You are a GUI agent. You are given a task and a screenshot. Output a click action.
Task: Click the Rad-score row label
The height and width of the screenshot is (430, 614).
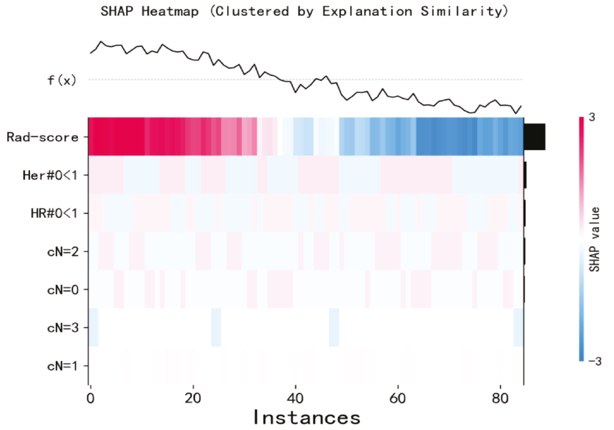coord(42,137)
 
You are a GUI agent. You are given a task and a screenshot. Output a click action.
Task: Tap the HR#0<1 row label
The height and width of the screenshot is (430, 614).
coord(54,213)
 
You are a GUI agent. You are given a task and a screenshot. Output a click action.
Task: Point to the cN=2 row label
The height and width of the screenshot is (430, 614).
coord(63,252)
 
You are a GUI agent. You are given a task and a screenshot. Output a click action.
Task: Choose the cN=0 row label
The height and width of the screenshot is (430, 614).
coord(63,289)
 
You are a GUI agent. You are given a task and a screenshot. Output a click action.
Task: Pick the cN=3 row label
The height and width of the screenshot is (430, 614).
coord(63,327)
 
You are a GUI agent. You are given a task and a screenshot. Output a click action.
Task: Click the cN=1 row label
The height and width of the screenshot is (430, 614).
coord(63,366)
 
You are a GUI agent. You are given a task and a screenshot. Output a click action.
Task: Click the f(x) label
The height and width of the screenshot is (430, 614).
coord(62,80)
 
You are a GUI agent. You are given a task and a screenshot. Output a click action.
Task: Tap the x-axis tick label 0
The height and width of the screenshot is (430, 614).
coord(90,398)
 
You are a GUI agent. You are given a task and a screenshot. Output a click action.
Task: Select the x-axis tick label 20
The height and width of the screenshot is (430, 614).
coord(193,398)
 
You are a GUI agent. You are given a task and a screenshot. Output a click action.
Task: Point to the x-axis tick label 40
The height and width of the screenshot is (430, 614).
coord(295,398)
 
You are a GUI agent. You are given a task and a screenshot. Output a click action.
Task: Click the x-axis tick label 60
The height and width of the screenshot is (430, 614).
coord(398,398)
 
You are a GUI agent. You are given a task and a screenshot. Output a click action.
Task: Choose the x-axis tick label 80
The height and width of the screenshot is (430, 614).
coord(500,398)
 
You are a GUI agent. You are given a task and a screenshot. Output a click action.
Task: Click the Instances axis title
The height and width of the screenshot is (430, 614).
coord(307,418)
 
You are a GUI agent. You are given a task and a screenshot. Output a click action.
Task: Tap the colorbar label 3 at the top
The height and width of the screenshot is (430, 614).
coord(592,117)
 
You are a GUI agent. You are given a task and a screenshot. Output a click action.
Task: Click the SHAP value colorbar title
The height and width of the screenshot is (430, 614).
coord(594,239)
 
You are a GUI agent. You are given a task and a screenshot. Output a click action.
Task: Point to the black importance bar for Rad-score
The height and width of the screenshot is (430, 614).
coord(535,137)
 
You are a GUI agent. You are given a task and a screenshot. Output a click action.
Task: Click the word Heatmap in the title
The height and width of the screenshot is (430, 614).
coord(170,11)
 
